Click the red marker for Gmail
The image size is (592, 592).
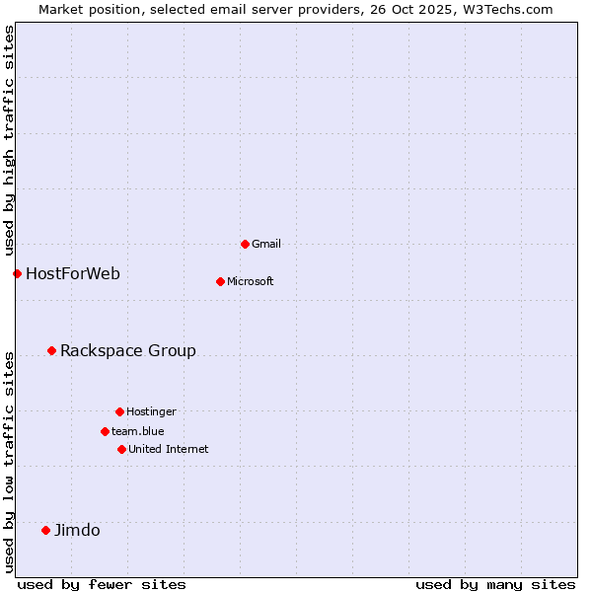245,244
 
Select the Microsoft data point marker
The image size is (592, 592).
220,281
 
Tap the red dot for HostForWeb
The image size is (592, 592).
17,273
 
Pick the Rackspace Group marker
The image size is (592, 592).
51,350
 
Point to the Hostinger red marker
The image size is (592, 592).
119,411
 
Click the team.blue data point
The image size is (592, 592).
105,431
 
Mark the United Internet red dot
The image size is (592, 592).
121,449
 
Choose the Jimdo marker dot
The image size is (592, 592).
45,530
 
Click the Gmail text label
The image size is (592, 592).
266,244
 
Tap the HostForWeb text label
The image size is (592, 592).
73,273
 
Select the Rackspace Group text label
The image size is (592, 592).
128,350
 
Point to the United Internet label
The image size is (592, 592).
169,449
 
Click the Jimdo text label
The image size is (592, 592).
77,530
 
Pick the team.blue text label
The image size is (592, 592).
138,431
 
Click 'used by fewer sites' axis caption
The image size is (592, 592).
102,584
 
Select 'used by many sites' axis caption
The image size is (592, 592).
495,584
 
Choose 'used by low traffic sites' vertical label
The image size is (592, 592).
9,462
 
